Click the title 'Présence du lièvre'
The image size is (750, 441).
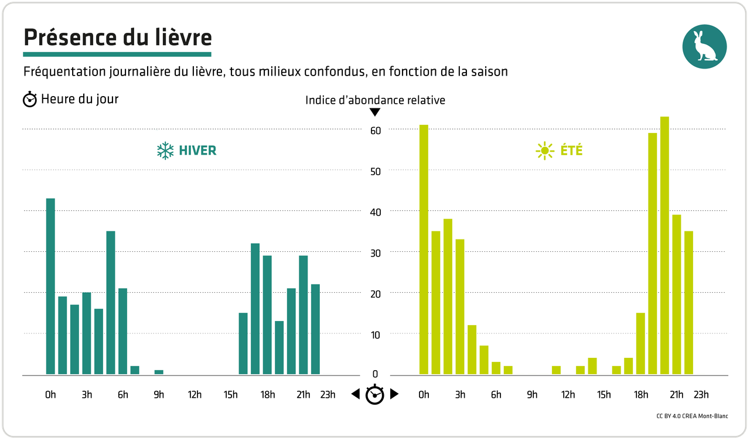[x=117, y=37]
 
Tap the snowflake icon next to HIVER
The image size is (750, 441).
[x=165, y=151]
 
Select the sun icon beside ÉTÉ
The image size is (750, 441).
[x=544, y=151]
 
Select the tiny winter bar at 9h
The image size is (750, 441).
[x=159, y=372]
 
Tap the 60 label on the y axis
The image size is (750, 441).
[x=375, y=130]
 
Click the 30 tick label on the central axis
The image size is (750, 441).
[x=375, y=253]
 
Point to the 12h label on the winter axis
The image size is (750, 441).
[x=195, y=395]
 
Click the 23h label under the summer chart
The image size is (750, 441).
[x=701, y=395]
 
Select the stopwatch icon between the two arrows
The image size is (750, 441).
[x=374, y=395]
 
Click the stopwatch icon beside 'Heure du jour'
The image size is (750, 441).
[x=30, y=100]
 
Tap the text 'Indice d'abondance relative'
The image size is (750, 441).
[x=375, y=100]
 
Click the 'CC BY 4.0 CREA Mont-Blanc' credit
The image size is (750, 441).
[x=692, y=416]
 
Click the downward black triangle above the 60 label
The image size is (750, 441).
[x=375, y=112]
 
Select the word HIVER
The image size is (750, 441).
[x=198, y=151]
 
